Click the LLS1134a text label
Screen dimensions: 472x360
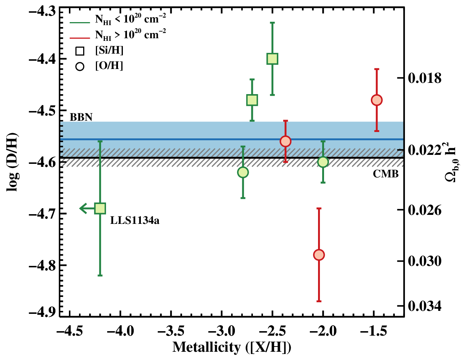pyautogui.click(x=135, y=220)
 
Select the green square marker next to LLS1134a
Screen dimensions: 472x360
pyautogui.click(x=100, y=208)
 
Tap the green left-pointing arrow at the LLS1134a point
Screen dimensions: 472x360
pyautogui.click(x=87, y=208)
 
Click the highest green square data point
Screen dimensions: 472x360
pyautogui.click(x=272, y=58)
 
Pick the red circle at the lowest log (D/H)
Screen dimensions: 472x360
pyautogui.click(x=319, y=255)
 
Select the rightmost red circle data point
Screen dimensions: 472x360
pyautogui.click(x=376, y=100)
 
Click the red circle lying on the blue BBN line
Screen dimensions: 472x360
pyautogui.click(x=285, y=141)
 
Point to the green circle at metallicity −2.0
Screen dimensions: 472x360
pyautogui.click(x=323, y=162)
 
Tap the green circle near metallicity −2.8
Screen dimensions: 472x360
pyautogui.click(x=243, y=172)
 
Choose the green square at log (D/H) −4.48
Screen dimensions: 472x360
pyautogui.click(x=252, y=100)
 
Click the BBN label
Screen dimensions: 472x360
pyautogui.click(x=81, y=117)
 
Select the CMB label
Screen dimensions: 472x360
pyautogui.click(x=385, y=174)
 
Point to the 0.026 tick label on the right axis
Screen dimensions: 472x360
pyautogui.click(x=424, y=210)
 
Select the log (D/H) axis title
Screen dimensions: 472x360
pyautogui.click(x=12, y=162)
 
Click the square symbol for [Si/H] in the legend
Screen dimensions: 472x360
pyautogui.click(x=80, y=51)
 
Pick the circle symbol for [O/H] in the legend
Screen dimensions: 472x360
pyautogui.click(x=80, y=66)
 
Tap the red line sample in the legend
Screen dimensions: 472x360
pyautogui.click(x=79, y=38)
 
